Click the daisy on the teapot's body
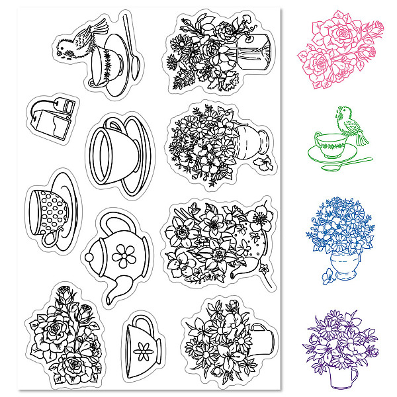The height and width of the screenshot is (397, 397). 124,255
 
